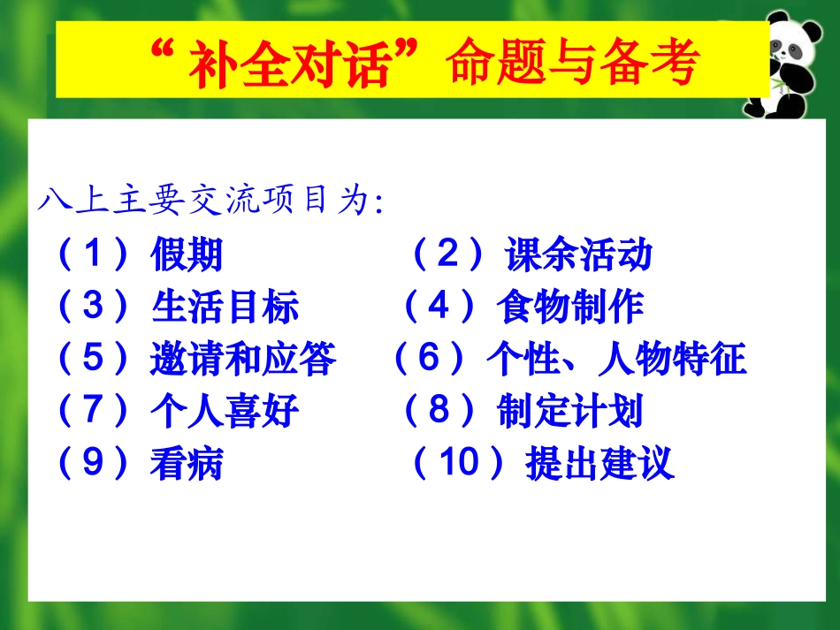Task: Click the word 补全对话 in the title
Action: (x=289, y=64)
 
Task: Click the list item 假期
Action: (x=187, y=256)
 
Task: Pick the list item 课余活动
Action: (x=578, y=256)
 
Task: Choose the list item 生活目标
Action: (x=225, y=308)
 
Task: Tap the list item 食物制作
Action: (x=569, y=308)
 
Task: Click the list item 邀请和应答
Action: (x=243, y=360)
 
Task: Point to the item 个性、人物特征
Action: (x=616, y=360)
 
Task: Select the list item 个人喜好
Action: (x=225, y=412)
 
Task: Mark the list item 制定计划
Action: (x=569, y=412)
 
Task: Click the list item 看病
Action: (x=187, y=464)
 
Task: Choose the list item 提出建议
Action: (x=599, y=464)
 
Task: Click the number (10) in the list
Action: (x=458, y=464)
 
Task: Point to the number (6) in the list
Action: (x=429, y=360)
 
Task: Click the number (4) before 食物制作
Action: (x=439, y=308)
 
